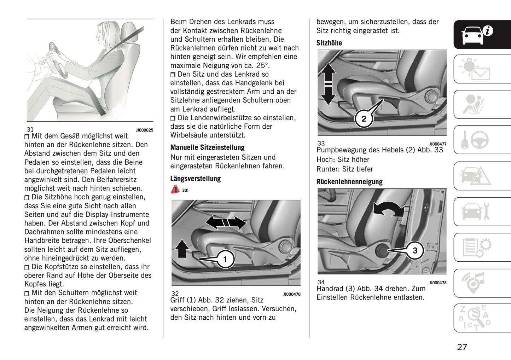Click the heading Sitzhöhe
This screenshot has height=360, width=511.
329,43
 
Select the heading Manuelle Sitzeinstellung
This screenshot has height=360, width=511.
207,147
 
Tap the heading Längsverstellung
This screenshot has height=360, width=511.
195,179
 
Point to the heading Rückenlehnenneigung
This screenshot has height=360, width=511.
349,182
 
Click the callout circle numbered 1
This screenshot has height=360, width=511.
225,260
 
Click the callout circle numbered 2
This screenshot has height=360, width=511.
364,119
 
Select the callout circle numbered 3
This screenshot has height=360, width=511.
415,251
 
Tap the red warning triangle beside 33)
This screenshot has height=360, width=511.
175,189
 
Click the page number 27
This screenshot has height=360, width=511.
462,347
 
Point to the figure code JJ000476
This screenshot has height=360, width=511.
292,294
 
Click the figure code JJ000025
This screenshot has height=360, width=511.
145,130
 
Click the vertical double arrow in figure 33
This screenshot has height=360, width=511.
328,84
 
